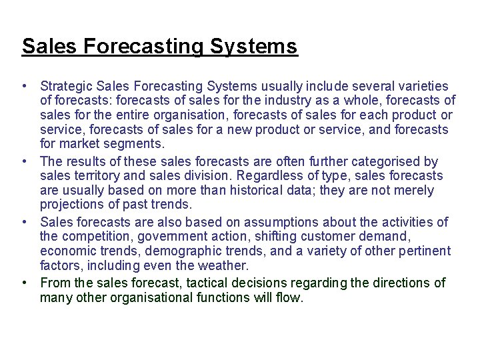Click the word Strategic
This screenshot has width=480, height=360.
pos(66,86)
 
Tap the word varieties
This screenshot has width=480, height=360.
pos(424,86)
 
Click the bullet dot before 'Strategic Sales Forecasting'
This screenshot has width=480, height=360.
pos(24,87)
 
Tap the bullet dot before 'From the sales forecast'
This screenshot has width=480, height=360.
pos(24,283)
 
